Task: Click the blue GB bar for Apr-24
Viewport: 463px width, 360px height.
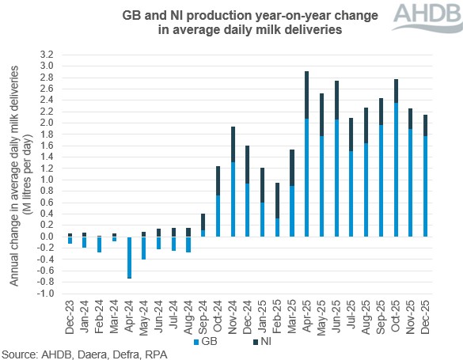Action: pyautogui.click(x=129, y=257)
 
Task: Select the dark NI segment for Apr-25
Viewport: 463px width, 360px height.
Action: pyautogui.click(x=306, y=94)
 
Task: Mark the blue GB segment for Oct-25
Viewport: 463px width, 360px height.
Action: pyautogui.click(x=396, y=169)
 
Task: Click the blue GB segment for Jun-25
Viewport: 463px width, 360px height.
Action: pyautogui.click(x=336, y=177)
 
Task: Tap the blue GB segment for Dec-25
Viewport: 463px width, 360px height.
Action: pyautogui.click(x=425, y=186)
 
